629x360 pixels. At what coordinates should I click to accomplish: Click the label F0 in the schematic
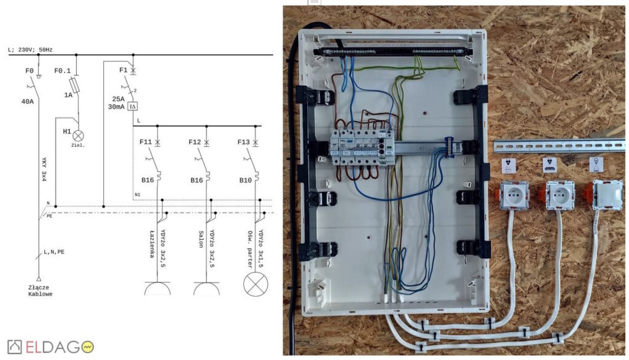point(29,71)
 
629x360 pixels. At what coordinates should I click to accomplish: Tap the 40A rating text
point(28,101)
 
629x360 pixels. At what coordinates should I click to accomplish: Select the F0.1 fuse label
point(63,71)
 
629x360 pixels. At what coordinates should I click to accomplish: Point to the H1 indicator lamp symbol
point(79,135)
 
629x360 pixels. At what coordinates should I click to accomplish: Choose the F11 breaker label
point(146,142)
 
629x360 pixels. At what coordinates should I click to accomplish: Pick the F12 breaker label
point(195,142)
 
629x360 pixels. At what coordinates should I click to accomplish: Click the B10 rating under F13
point(244,181)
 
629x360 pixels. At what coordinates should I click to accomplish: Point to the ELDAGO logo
point(50,346)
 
